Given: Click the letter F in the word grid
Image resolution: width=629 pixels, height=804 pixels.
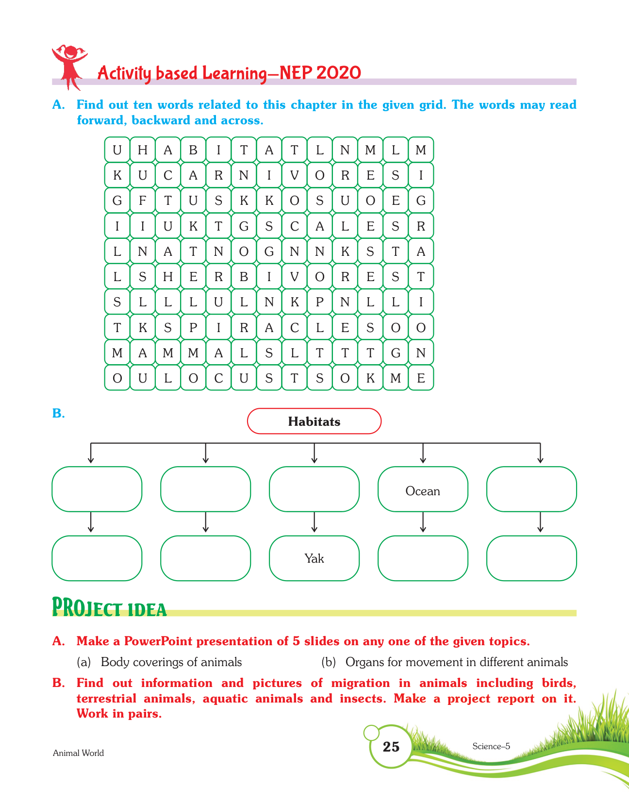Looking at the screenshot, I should pos(143,201).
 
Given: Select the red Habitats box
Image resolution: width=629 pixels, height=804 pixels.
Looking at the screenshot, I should pos(314,421).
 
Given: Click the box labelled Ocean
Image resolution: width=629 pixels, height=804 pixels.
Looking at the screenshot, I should pos(423,490).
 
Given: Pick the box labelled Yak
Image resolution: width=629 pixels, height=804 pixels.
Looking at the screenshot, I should pos(314,558).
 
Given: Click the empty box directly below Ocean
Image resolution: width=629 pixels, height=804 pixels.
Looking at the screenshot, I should pos(423,558).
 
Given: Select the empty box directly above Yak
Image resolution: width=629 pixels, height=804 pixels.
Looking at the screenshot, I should pos(314,489).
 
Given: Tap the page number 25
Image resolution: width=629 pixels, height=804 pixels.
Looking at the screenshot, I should pos(391,747).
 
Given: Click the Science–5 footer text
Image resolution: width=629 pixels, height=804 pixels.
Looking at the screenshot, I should pos(491,746).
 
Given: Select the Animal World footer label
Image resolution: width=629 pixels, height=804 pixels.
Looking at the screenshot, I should pos(78,753).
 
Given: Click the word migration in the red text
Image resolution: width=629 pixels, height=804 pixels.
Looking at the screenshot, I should pos(360,683).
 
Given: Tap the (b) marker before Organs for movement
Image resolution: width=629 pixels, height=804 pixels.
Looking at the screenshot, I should pos(329,662).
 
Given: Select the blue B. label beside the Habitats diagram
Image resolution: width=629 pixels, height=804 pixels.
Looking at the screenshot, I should pos(58,414).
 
